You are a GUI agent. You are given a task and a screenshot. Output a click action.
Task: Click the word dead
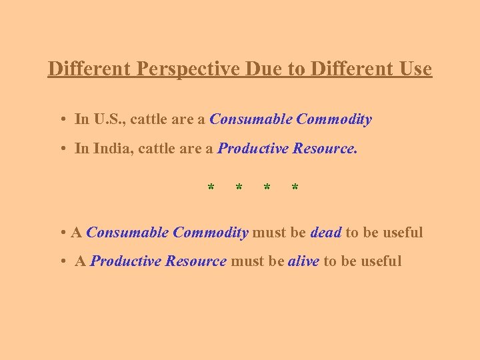[326, 233]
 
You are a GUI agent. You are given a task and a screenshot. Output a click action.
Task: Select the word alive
[303, 261]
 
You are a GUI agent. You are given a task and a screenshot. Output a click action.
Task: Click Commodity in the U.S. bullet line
[334, 120]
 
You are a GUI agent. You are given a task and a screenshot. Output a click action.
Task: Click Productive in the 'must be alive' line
[123, 261]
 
